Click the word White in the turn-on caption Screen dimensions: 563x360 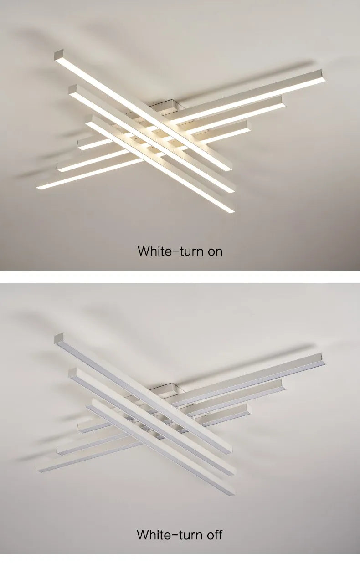tap(152, 251)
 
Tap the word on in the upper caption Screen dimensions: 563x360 tap(215, 251)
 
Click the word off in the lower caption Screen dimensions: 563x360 tap(215, 534)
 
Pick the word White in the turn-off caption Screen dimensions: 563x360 tap(151, 534)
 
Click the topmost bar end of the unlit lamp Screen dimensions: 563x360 tap(58, 339)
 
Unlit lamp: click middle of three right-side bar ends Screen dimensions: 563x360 tap(283, 385)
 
